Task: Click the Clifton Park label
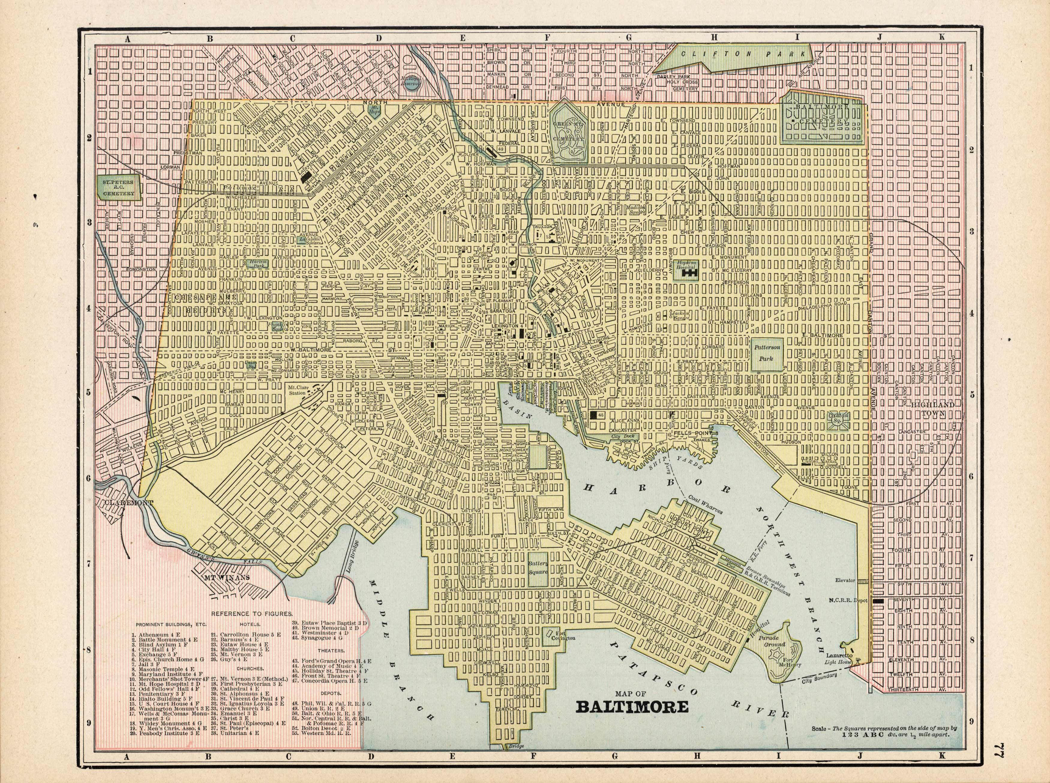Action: pos(742,54)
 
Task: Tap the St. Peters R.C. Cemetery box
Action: pos(118,187)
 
